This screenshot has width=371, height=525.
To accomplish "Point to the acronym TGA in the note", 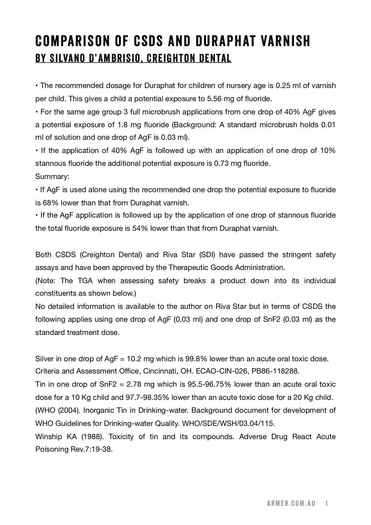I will click(x=85, y=281).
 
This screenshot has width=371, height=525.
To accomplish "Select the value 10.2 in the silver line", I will click(x=134, y=359).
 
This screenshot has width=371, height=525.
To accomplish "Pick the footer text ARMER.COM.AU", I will click(x=291, y=503).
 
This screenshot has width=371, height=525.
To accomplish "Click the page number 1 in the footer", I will click(x=327, y=503).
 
